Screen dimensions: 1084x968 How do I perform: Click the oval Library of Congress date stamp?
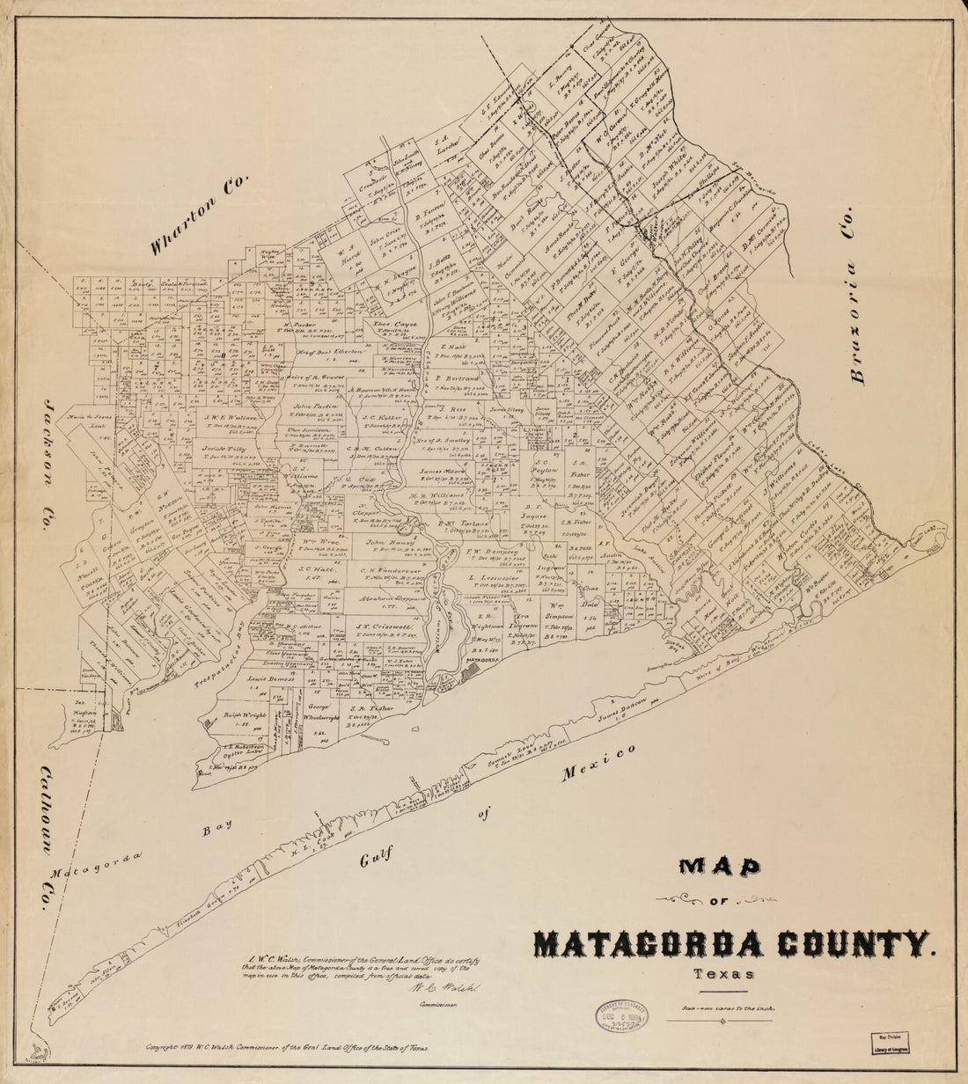pyautogui.click(x=620, y=1017)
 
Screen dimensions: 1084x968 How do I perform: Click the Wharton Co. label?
pyautogui.click(x=200, y=216)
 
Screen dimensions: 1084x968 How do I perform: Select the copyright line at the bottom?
pyautogui.click(x=287, y=1048)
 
